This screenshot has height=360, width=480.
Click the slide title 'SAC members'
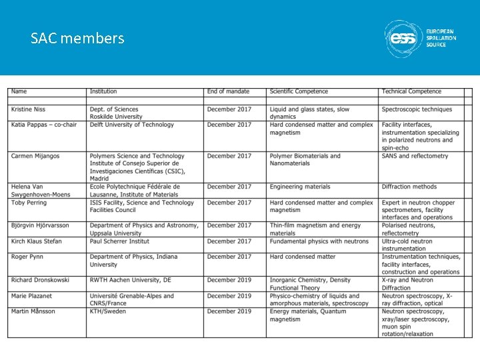click(77, 38)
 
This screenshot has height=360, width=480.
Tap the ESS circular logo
click(403, 39)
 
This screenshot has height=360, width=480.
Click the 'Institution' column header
click(103, 91)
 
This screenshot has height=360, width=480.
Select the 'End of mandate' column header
click(228, 91)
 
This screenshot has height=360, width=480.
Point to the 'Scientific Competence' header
click(299, 91)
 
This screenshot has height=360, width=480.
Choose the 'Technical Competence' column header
click(411, 91)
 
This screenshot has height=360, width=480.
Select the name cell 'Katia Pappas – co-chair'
click(45, 125)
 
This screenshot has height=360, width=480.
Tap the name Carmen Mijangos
click(35, 156)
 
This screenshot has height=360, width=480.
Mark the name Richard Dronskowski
click(41, 280)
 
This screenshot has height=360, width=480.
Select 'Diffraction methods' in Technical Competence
click(409, 187)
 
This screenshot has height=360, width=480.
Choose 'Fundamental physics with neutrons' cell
click(319, 241)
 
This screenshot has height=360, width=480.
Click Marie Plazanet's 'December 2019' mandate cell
click(229, 296)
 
